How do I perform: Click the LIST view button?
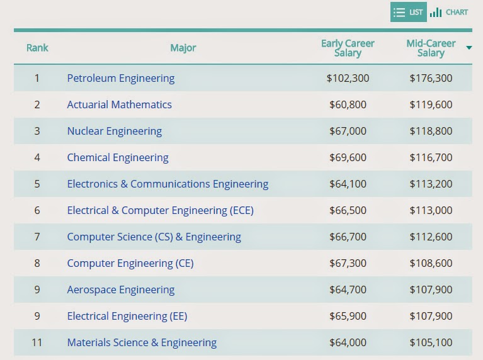coord(409,12)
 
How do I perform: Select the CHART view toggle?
coord(449,13)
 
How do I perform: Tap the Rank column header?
coord(37,48)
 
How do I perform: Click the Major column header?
coord(183,48)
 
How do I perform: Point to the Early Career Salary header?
coord(348,48)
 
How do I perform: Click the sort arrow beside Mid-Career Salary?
coord(469,48)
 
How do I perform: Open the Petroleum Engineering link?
coord(121,78)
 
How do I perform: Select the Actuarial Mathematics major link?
coord(119,104)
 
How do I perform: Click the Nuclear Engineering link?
coord(114,131)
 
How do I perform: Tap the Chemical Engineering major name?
coord(118,158)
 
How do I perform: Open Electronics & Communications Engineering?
coord(168,184)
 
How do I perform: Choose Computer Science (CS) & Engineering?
coord(154,237)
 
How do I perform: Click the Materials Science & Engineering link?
coord(142,343)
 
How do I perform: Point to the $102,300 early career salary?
coord(348,78)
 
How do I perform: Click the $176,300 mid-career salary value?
coord(431,78)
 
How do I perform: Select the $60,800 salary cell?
coord(348,104)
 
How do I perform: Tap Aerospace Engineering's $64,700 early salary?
coord(348,290)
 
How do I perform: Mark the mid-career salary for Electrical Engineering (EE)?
coord(431,317)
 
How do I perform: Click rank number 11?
coord(37,342)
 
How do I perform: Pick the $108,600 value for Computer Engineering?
coord(431,263)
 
